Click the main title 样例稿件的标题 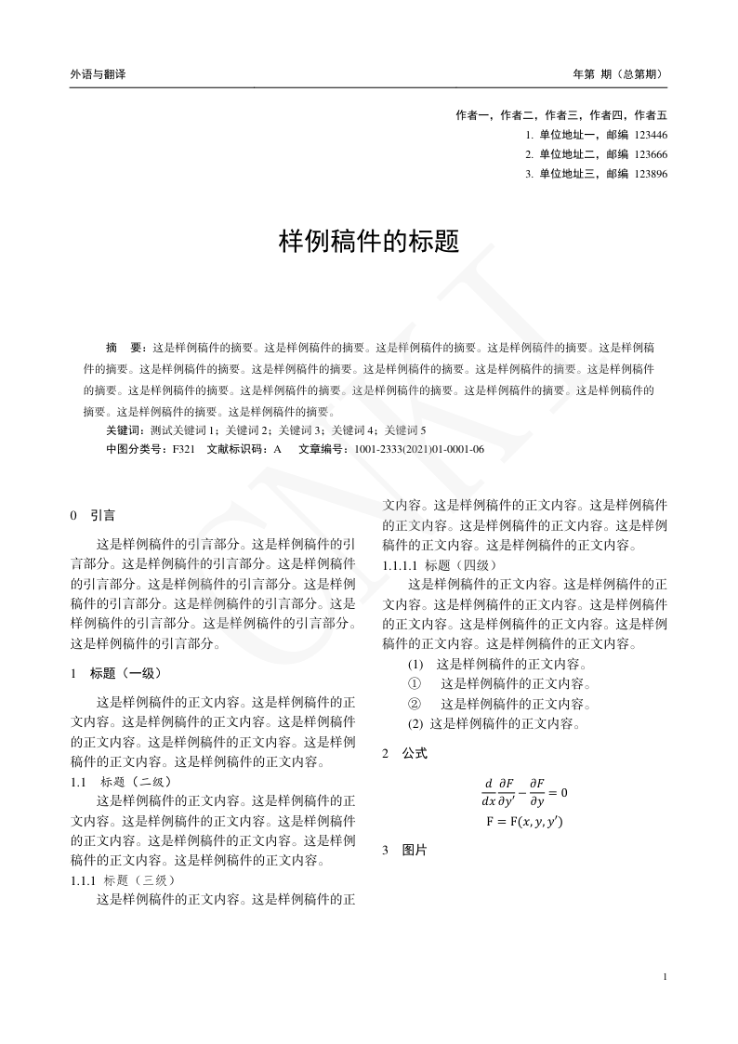[x=369, y=242]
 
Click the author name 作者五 [x=651, y=115]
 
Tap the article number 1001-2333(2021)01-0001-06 [x=414, y=449]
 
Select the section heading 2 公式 [x=405, y=753]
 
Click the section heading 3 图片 [x=405, y=850]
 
